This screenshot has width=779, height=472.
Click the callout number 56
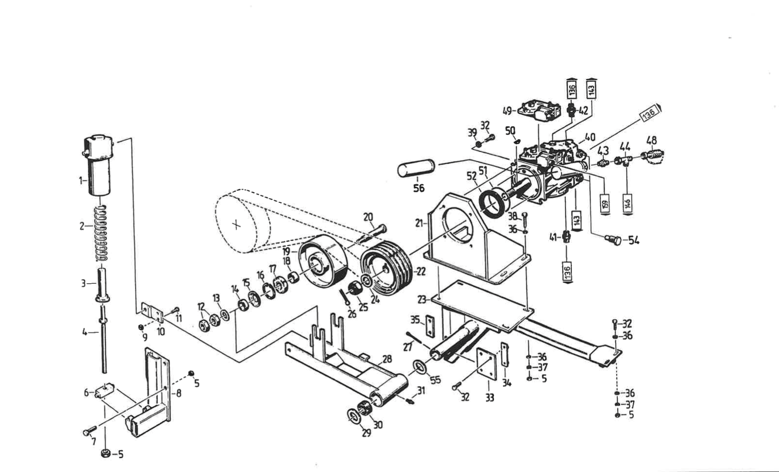point(419,188)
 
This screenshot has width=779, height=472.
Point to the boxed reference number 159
point(605,204)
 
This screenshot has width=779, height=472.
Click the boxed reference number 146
point(627,204)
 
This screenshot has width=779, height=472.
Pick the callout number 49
point(508,111)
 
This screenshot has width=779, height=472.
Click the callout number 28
point(386,359)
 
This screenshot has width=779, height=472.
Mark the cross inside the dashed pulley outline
point(238,225)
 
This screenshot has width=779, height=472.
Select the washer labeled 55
point(419,367)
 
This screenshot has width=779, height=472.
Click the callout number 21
point(419,223)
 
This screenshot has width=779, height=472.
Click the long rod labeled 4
point(104,346)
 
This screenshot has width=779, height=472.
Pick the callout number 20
point(368,217)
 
